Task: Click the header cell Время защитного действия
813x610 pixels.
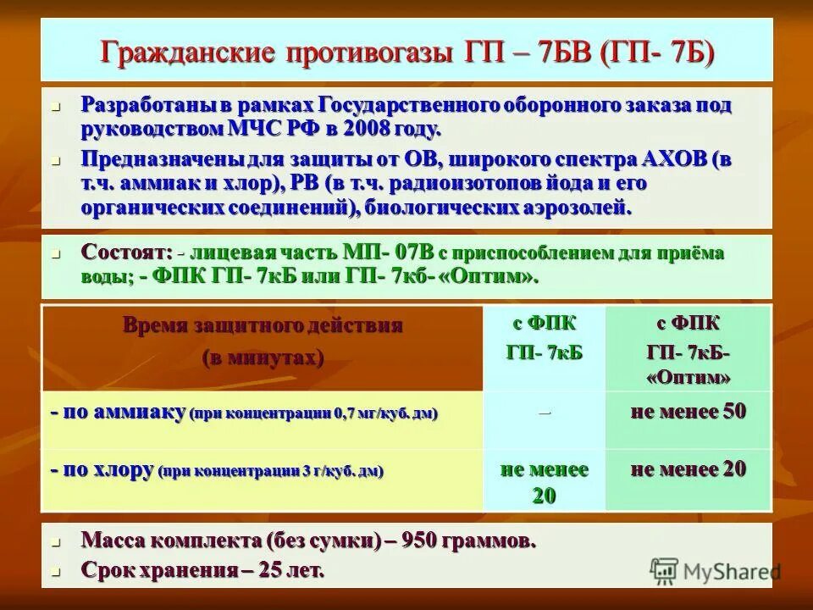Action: [x=263, y=325]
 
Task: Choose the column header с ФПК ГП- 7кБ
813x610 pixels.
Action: [x=545, y=338]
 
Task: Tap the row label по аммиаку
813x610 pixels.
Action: [x=118, y=413]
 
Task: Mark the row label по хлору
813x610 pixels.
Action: [x=102, y=470]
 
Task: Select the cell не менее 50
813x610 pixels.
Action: [x=688, y=413]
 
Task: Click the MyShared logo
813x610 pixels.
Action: [x=715, y=571]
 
